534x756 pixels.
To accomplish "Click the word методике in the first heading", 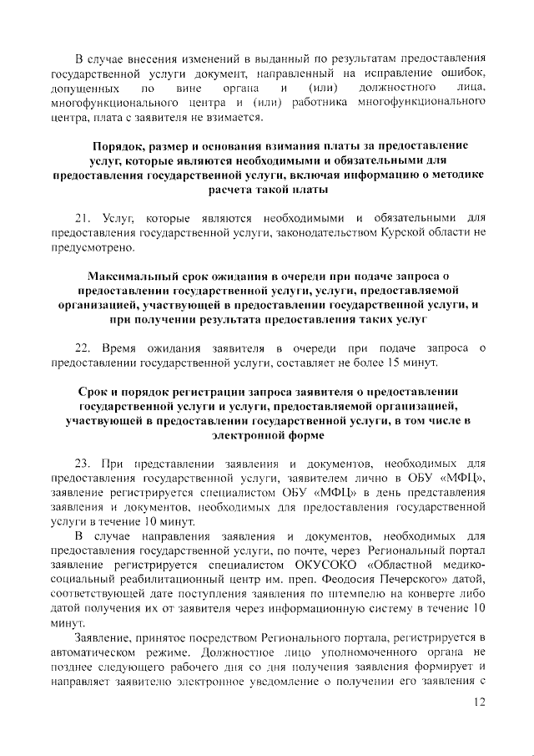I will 455,175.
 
